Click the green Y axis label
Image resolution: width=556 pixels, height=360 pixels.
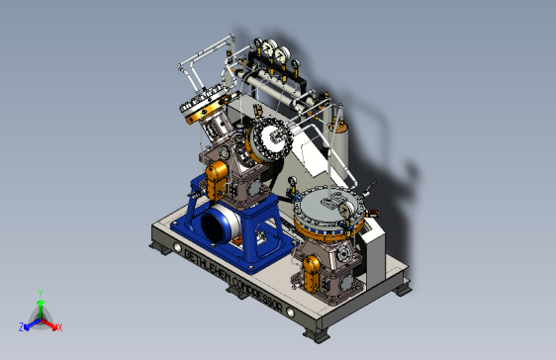(40, 293)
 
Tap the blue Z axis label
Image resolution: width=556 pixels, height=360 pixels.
(22, 325)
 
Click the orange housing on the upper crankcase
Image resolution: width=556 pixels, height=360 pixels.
(217, 179)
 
